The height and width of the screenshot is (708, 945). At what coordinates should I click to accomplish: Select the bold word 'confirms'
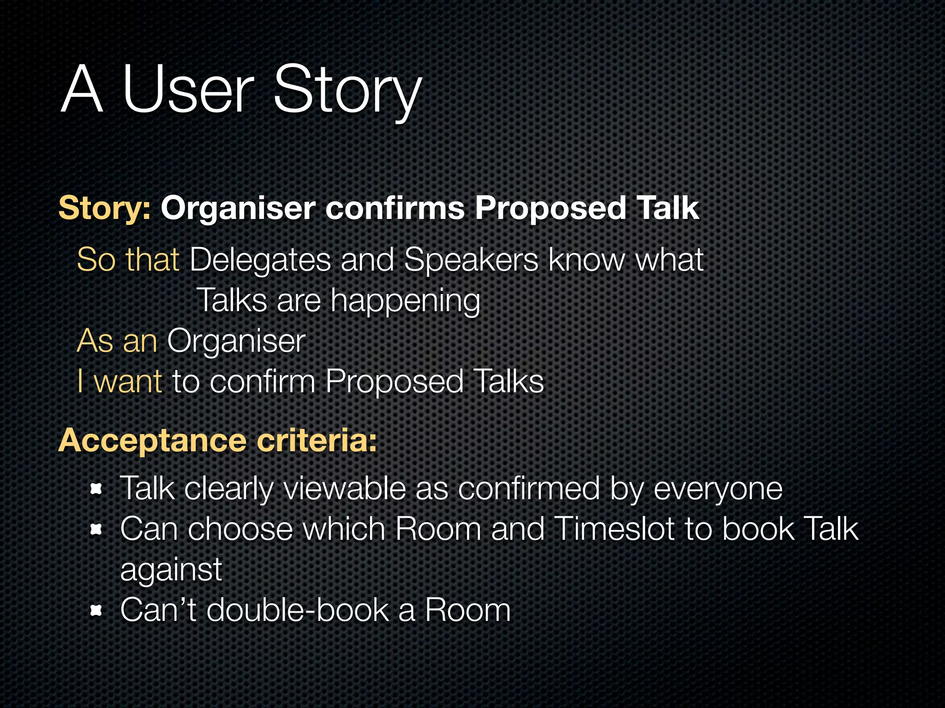(x=395, y=208)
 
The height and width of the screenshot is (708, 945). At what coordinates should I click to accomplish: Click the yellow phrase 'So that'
(x=128, y=260)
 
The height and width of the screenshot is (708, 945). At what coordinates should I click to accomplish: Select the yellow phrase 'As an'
(x=117, y=342)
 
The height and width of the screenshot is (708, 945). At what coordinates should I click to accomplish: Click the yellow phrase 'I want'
(x=120, y=382)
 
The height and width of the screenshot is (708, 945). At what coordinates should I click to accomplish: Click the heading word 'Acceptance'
(x=153, y=441)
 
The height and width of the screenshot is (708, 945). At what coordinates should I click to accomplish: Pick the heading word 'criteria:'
(x=317, y=441)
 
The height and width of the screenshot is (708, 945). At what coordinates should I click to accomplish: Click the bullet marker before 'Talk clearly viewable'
(x=96, y=489)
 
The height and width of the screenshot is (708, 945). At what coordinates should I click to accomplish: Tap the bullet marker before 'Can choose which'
(x=96, y=530)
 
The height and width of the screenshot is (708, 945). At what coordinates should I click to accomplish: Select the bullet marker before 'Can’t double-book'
(x=96, y=611)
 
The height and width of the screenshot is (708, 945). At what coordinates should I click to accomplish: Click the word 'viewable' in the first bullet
(x=344, y=489)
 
